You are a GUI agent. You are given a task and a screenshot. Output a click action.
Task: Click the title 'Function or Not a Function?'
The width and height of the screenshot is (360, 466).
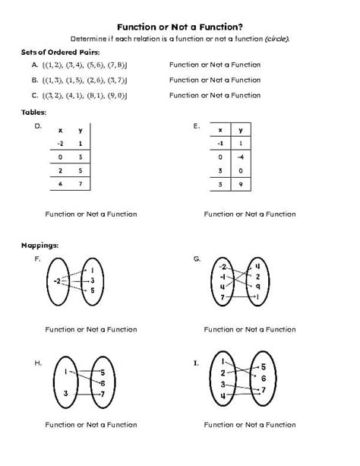pyautogui.click(x=180, y=25)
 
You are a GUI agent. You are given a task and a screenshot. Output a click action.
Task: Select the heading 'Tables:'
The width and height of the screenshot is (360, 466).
pyautogui.click(x=34, y=113)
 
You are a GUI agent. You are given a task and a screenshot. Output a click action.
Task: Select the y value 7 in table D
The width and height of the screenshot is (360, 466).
pyautogui.click(x=80, y=184)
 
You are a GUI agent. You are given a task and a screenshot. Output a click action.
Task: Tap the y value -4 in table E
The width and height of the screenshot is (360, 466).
pyautogui.click(x=239, y=157)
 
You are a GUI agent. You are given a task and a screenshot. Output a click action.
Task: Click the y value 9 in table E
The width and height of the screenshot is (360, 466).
pyautogui.click(x=239, y=185)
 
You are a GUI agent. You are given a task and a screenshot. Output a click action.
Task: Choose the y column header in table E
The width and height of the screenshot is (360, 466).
pyautogui.click(x=239, y=129)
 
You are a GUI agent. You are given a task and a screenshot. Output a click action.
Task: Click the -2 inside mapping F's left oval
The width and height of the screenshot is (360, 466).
pyautogui.click(x=58, y=281)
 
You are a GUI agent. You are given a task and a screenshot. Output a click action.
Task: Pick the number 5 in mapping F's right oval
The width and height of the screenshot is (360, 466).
pyautogui.click(x=92, y=291)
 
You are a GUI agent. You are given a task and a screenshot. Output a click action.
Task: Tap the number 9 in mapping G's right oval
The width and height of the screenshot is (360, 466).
pyautogui.click(x=258, y=287)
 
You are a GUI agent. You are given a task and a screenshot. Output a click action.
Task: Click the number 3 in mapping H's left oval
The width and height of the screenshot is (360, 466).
pyautogui.click(x=66, y=393)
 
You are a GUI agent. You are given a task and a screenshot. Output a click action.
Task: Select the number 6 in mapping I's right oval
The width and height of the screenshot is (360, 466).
pyautogui.click(x=263, y=378)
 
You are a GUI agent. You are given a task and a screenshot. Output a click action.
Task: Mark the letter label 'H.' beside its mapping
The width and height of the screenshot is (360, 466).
pyautogui.click(x=37, y=363)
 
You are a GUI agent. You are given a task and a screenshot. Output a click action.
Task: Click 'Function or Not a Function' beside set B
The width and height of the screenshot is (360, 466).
pyautogui.click(x=215, y=80)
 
